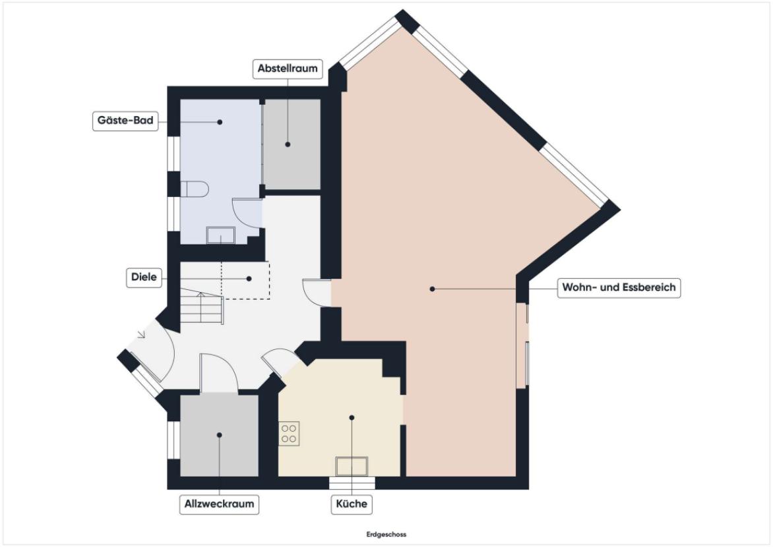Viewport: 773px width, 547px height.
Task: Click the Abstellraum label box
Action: click(x=288, y=69)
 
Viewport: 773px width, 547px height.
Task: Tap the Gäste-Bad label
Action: click(x=125, y=121)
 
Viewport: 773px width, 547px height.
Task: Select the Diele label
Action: click(x=144, y=277)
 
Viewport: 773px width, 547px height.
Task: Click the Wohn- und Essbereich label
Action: click(x=619, y=288)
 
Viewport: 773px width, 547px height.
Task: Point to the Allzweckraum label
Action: click(x=219, y=504)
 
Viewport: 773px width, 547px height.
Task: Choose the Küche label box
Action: click(x=352, y=504)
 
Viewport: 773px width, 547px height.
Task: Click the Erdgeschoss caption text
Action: click(x=386, y=534)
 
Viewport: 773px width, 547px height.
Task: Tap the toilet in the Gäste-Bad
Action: click(x=195, y=188)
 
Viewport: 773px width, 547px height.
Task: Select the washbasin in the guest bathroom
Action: click(x=220, y=235)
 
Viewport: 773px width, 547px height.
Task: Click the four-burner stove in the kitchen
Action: click(x=289, y=434)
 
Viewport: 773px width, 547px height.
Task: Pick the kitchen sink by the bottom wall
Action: click(x=352, y=466)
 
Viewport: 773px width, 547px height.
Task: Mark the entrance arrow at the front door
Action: click(x=142, y=335)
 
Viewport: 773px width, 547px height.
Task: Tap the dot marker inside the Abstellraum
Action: click(x=288, y=144)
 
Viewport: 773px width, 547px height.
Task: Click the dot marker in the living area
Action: click(x=433, y=289)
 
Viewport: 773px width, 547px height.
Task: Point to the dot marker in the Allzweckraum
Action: click(x=220, y=435)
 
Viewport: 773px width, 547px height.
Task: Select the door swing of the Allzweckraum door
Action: click(x=220, y=373)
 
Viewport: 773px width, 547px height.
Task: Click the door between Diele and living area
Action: click(x=317, y=293)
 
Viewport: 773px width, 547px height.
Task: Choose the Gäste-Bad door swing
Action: click(x=247, y=212)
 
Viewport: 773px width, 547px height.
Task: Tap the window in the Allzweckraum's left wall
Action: click(x=173, y=440)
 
